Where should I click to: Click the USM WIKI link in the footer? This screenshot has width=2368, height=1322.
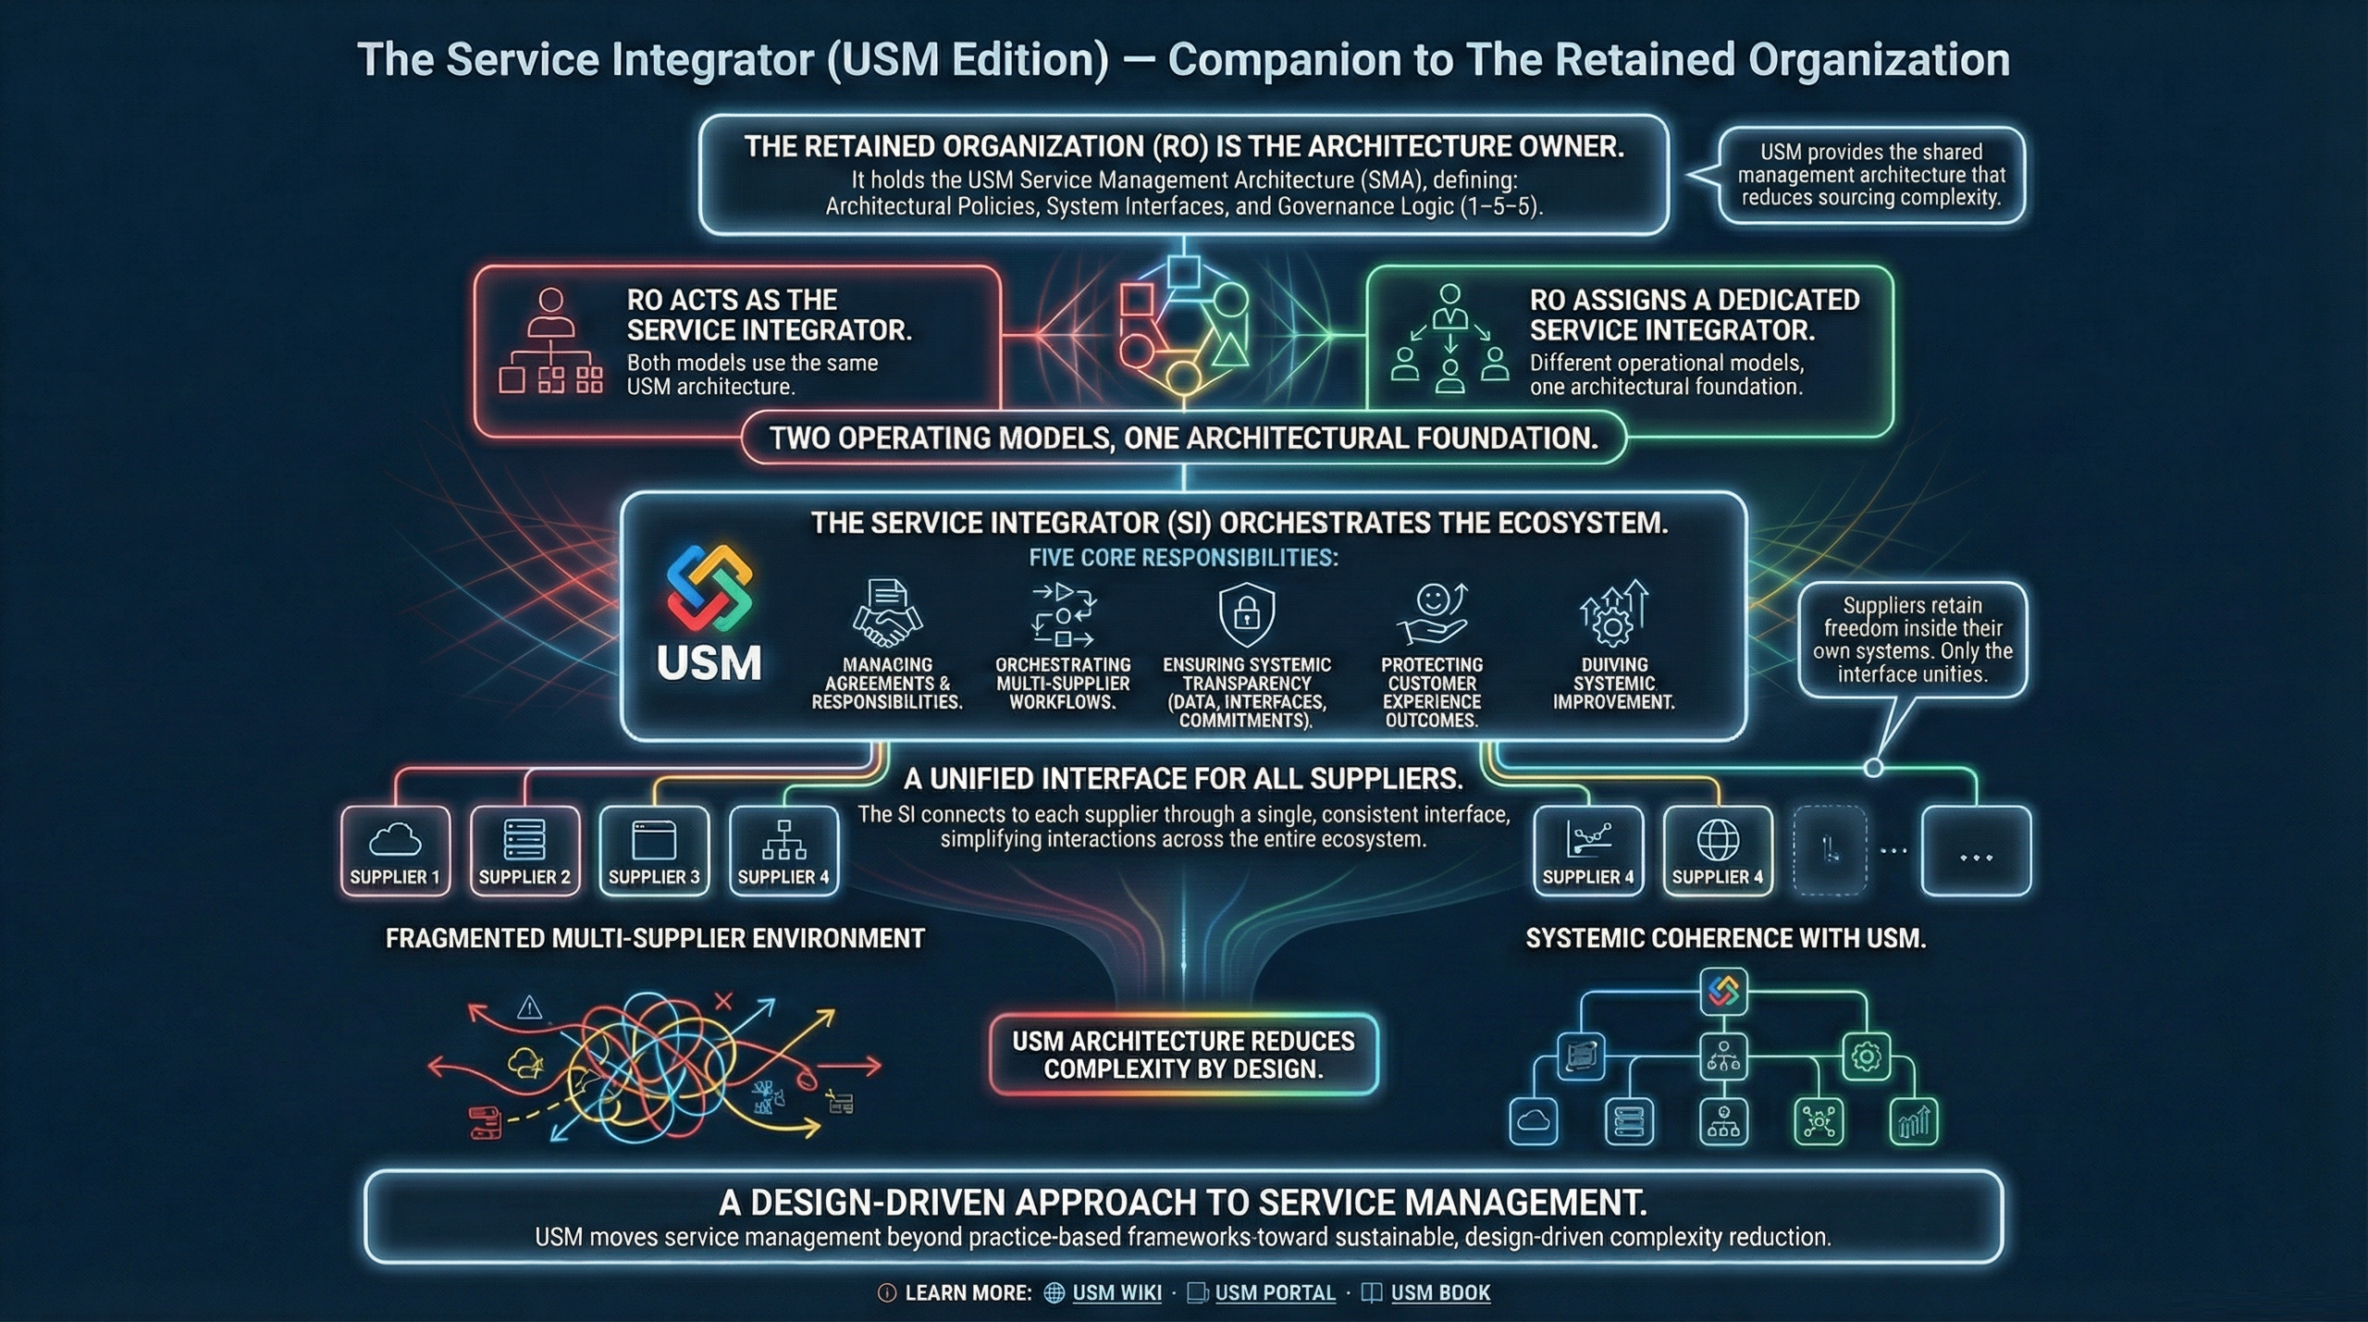[1116, 1292]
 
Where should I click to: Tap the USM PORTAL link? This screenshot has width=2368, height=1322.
[1274, 1292]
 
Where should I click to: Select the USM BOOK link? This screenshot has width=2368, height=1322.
[1439, 1292]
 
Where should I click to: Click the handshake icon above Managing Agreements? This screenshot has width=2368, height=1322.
[887, 612]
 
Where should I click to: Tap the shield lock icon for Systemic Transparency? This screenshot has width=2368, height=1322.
[1246, 612]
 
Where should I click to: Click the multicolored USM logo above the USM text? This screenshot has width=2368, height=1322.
[709, 588]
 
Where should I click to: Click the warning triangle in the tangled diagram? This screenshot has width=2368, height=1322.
[529, 1007]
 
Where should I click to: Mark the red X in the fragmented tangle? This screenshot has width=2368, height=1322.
[723, 1001]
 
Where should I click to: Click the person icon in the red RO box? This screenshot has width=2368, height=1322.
[550, 312]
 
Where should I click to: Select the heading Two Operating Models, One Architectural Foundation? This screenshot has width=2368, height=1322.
[1183, 438]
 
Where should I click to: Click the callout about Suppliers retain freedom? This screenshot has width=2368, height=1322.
[1912, 639]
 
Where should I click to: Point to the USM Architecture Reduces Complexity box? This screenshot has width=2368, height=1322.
[1183, 1055]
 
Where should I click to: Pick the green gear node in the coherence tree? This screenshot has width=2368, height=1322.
[1866, 1056]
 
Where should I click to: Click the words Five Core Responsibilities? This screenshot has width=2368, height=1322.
[1183, 558]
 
